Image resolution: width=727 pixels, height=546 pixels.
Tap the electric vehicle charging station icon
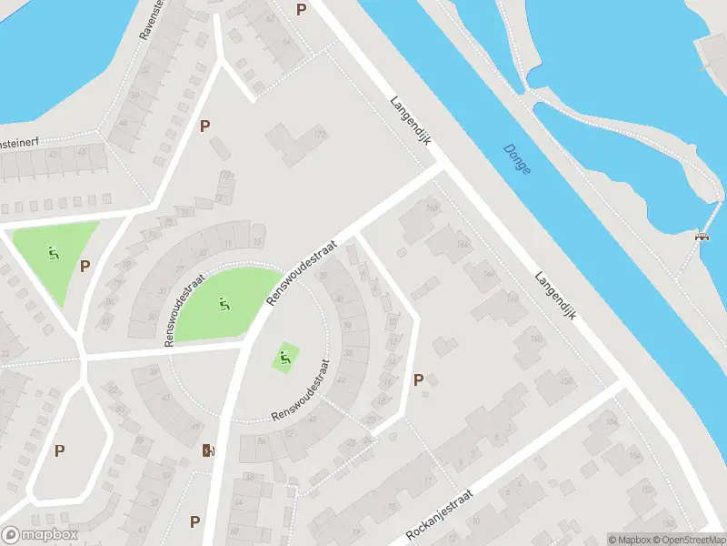point(208,450)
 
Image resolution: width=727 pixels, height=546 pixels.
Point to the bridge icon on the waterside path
point(702,236)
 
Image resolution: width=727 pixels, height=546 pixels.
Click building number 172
point(319,136)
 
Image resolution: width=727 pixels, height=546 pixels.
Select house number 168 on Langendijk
point(431,208)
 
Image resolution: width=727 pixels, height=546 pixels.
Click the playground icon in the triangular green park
point(55,254)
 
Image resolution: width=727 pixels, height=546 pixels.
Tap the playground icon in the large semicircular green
point(223,303)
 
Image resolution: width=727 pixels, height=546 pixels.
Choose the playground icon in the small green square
point(285,357)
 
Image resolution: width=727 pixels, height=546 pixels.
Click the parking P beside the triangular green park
point(85,266)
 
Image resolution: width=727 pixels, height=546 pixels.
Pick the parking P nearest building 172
point(205,126)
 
